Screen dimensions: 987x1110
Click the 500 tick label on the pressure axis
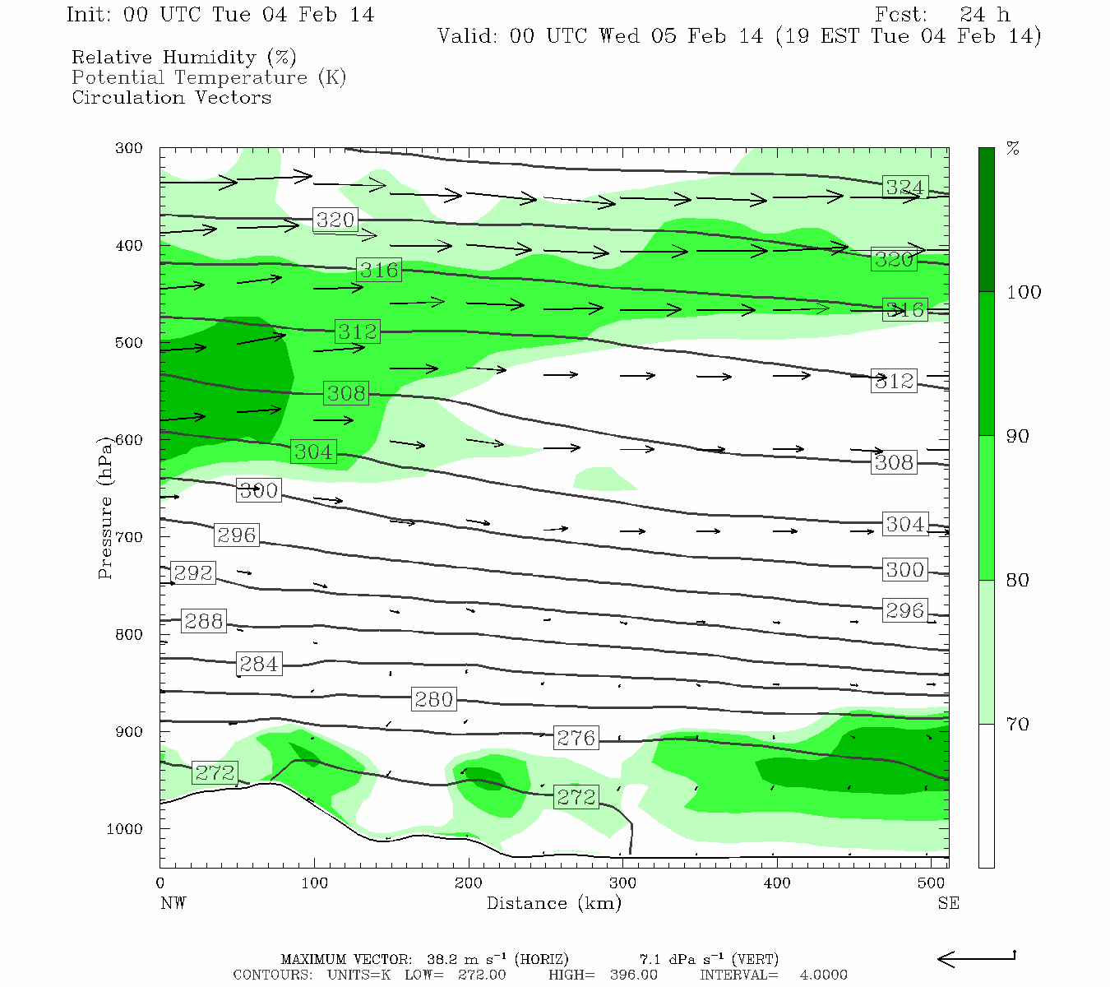coord(129,343)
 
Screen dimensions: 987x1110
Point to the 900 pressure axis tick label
coord(129,732)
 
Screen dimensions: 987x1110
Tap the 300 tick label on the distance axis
coord(622,883)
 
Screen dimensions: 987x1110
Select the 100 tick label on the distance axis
coord(314,883)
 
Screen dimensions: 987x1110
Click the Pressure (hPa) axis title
coord(105,508)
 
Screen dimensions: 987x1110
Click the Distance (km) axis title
coord(554,903)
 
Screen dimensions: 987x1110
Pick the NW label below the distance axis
coord(173,903)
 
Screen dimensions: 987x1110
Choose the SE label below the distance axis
coord(948,903)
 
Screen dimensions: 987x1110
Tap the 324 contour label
coord(904,188)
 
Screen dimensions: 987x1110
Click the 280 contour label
coord(433,700)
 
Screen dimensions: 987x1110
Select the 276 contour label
coord(576,738)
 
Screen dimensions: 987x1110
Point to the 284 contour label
coord(259,664)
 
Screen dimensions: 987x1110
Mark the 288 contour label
coord(204,622)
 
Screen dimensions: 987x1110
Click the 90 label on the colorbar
coord(1018,437)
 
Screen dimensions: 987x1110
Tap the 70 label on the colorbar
coord(1018,725)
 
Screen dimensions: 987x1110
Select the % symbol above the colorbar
coord(1013,149)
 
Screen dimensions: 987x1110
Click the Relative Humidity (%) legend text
coord(184,58)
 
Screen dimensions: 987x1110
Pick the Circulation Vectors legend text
coord(171,97)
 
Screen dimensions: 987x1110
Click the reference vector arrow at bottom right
coord(977,958)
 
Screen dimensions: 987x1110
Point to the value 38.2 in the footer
coord(442,959)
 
